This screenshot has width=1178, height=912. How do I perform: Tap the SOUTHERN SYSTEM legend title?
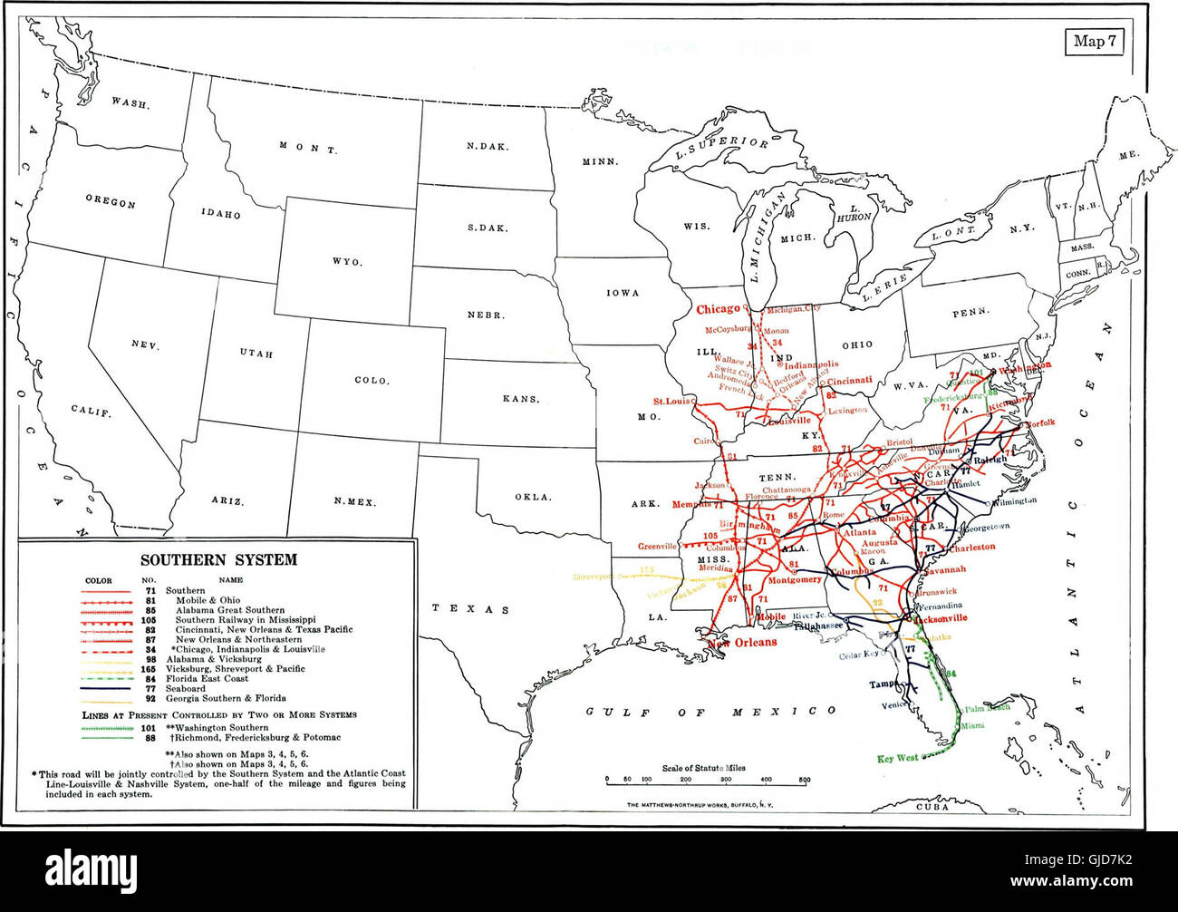click(x=218, y=559)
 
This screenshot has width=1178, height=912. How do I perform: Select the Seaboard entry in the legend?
click(x=186, y=689)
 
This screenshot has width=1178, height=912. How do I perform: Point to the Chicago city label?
click(x=718, y=309)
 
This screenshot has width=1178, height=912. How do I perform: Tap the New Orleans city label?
click(x=742, y=642)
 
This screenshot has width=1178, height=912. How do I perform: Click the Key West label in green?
click(x=897, y=758)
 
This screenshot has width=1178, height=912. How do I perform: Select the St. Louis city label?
click(x=671, y=400)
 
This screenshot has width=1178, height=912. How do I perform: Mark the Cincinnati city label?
click(x=849, y=381)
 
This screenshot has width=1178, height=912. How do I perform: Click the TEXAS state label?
click(x=469, y=608)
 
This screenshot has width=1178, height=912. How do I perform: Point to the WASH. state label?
click(x=130, y=102)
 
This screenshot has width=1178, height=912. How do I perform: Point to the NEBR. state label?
click(x=485, y=315)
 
